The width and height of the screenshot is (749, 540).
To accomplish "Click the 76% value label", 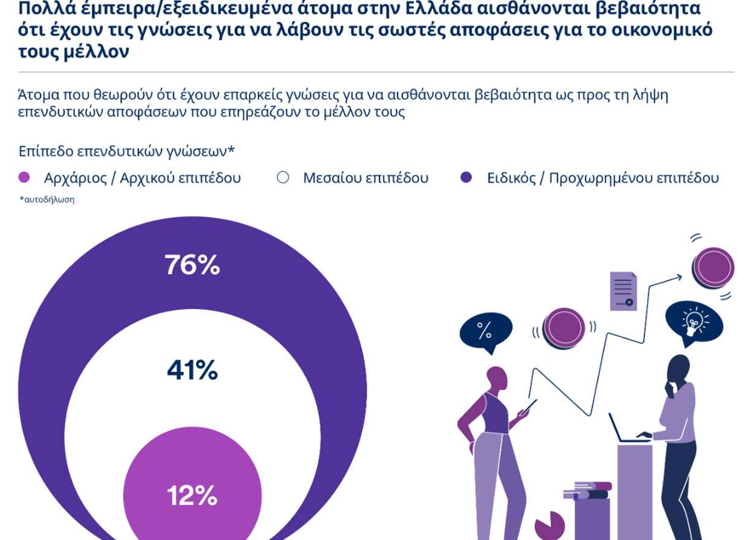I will [192, 266].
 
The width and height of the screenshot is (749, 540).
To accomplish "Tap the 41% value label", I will [192, 371].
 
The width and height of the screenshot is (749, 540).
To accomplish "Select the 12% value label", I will [192, 495].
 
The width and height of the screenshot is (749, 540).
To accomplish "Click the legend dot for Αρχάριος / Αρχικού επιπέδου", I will [25, 178].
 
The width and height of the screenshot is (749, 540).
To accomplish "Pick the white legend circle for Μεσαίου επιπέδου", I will [283, 178].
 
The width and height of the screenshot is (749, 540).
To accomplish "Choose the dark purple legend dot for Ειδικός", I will [466, 178].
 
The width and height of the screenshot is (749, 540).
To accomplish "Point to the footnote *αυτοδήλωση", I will [47, 199].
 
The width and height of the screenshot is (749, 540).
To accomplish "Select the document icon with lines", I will [623, 290].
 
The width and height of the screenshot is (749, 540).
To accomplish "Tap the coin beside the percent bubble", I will [564, 327].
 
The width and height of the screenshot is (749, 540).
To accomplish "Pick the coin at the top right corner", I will [713, 268].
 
